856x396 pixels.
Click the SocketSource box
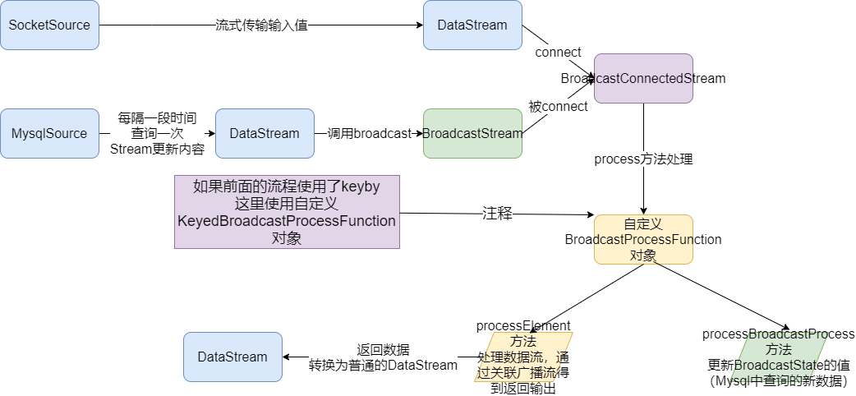point(49,25)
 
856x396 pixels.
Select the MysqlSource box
point(49,133)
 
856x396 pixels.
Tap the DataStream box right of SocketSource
point(472,25)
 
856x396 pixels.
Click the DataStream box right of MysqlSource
point(265,133)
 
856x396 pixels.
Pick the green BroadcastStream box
point(472,133)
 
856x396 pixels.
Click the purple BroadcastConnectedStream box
point(643,79)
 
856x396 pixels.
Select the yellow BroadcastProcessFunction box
point(643,239)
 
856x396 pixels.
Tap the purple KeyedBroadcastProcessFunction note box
point(287,211)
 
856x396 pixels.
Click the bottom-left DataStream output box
point(232,357)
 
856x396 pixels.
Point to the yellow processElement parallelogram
point(523,357)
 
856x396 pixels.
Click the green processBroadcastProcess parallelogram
point(777,357)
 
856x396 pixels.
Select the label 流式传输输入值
point(261,25)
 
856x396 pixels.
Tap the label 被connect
point(558,106)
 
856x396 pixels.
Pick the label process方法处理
point(643,159)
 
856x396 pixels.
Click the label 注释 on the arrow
point(497,214)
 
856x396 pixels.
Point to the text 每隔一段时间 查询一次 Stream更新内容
point(157,133)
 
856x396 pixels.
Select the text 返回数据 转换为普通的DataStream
point(383,357)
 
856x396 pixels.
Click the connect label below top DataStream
point(558,53)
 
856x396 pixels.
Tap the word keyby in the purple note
point(360,186)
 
